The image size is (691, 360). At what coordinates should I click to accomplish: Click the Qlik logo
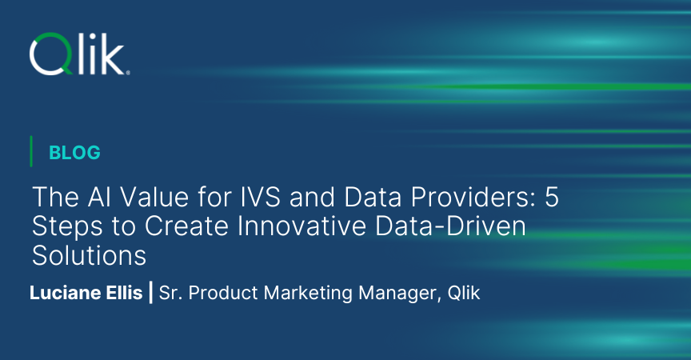(x=79, y=54)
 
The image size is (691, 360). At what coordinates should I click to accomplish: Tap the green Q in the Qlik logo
(x=50, y=54)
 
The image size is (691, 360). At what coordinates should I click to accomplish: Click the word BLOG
(x=74, y=152)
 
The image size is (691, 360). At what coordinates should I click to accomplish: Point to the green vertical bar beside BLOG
(x=31, y=151)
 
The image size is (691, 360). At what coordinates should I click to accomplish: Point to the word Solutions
(x=89, y=255)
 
